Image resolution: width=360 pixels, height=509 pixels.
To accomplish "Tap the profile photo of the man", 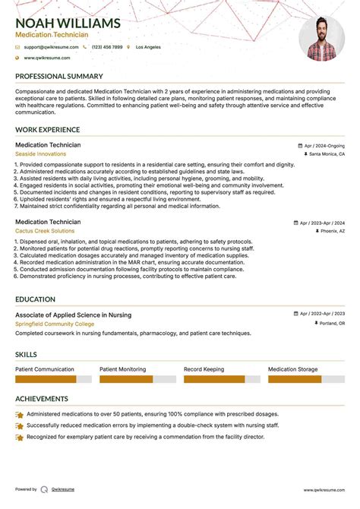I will [321, 39].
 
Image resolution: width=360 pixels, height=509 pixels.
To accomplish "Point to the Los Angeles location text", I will [148, 47].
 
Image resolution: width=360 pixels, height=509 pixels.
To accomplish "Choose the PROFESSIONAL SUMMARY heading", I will [58, 77].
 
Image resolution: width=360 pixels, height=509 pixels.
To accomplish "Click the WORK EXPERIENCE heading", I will [47, 131].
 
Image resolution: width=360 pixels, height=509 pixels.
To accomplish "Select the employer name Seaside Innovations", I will [40, 154].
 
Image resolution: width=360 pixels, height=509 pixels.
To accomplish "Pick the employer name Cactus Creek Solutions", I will [45, 231].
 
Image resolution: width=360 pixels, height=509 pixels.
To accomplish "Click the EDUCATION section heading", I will [35, 300].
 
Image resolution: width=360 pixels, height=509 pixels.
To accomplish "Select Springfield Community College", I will [54, 324].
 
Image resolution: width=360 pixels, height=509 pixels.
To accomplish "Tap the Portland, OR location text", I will [330, 324].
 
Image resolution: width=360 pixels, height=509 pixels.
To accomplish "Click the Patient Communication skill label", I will [45, 369].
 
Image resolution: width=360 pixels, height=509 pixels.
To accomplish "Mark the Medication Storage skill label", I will [293, 369].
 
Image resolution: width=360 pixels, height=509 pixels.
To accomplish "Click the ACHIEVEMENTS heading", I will [42, 399].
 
